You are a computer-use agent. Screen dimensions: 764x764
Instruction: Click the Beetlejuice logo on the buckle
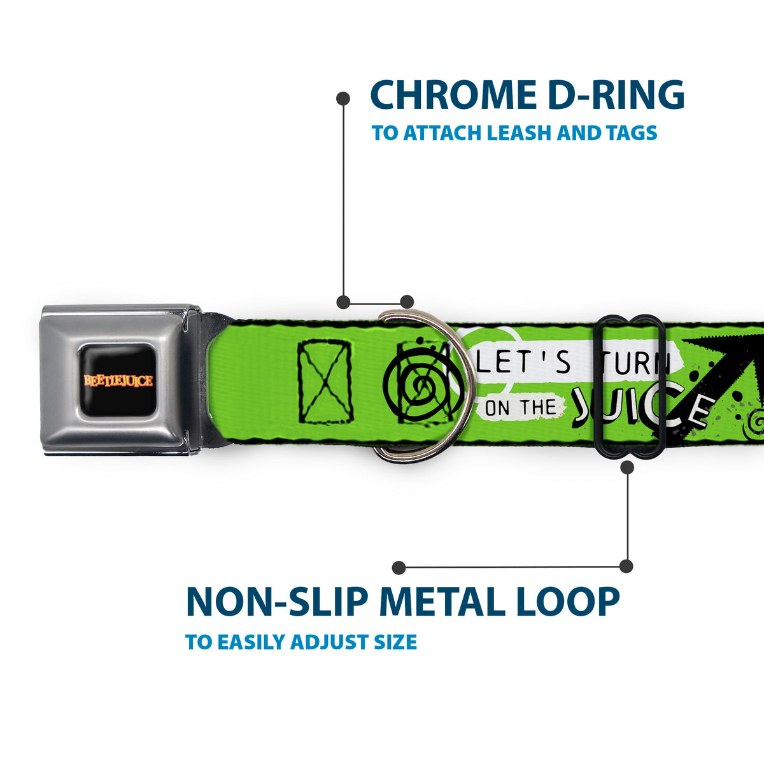click(x=118, y=381)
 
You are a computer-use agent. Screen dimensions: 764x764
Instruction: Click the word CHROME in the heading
click(x=456, y=95)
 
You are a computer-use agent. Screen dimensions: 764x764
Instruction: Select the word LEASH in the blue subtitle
click(x=519, y=132)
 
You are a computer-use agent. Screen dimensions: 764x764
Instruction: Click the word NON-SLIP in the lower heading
click(x=277, y=602)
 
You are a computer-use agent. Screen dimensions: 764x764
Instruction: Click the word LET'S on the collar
click(x=523, y=362)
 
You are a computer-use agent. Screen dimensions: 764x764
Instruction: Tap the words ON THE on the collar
click(x=521, y=408)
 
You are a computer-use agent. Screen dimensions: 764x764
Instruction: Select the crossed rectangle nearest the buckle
click(x=325, y=381)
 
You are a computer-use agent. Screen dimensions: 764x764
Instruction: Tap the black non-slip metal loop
click(x=597, y=387)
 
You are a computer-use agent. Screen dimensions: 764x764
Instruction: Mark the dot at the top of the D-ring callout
click(x=343, y=98)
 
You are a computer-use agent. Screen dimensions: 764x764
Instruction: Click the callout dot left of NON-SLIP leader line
click(x=399, y=567)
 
